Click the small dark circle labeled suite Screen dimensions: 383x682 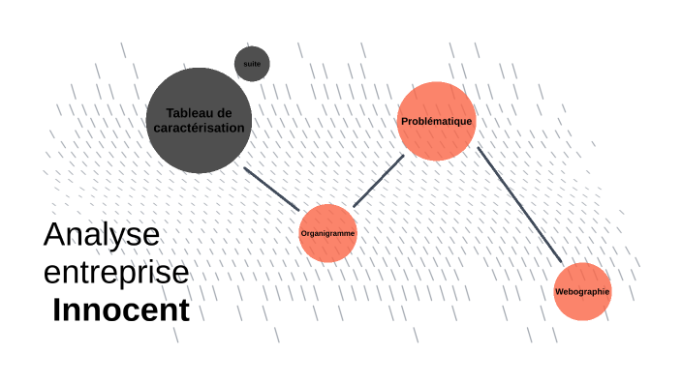pyautogui.click(x=252, y=64)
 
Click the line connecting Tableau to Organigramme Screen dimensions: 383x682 pyautogui.click(x=272, y=189)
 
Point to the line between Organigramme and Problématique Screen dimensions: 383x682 pyautogui.click(x=378, y=181)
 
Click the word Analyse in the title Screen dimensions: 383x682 pyautogui.click(x=101, y=235)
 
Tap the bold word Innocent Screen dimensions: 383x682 pyautogui.click(x=121, y=310)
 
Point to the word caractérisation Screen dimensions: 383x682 pyautogui.click(x=199, y=127)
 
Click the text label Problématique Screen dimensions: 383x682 pyautogui.click(x=436, y=121)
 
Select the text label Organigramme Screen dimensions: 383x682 pyautogui.click(x=328, y=234)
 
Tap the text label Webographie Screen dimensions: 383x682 pyautogui.click(x=582, y=292)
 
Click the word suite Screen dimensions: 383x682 pyautogui.click(x=252, y=63)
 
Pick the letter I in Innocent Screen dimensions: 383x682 pyautogui.click(x=57, y=310)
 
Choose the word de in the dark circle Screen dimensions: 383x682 pyautogui.click(x=226, y=113)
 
